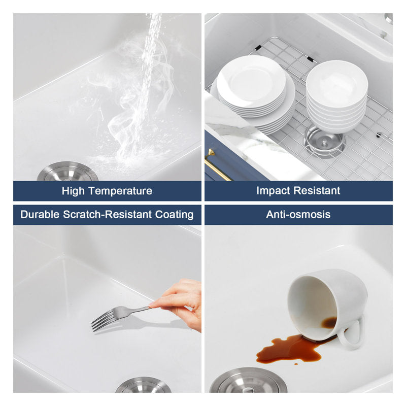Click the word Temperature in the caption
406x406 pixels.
[120, 191]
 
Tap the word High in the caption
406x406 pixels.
[73, 191]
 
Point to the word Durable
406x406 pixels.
[40, 215]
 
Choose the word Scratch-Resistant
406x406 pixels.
[108, 215]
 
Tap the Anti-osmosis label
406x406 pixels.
[298, 215]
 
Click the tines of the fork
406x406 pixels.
[103, 320]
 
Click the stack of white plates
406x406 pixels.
[255, 94]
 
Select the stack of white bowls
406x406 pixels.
[336, 96]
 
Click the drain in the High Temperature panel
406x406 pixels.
[67, 172]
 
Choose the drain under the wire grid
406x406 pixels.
[324, 142]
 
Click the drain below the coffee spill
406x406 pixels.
[248, 380]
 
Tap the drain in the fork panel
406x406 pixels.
[143, 385]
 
